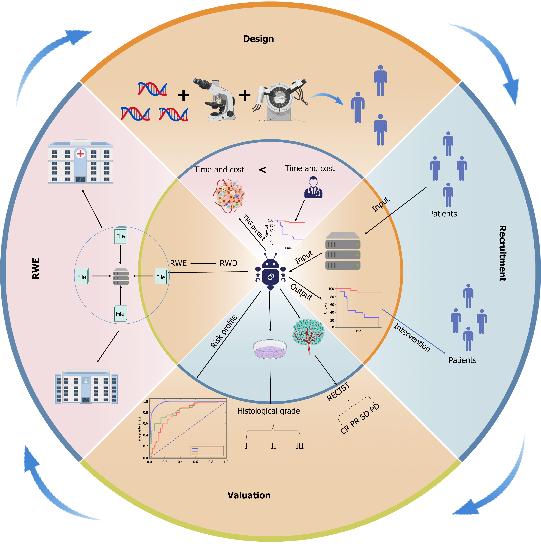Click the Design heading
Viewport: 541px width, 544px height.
click(x=258, y=39)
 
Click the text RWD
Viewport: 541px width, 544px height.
click(x=228, y=263)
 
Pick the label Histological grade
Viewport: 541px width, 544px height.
click(x=269, y=411)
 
